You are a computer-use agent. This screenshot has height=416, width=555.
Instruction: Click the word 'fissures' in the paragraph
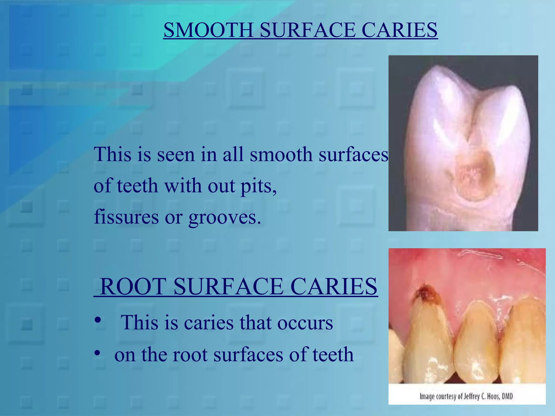click(126, 217)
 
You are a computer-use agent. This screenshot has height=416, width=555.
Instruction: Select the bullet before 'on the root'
click(98, 353)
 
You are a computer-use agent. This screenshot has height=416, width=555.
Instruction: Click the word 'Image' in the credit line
click(427, 397)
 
